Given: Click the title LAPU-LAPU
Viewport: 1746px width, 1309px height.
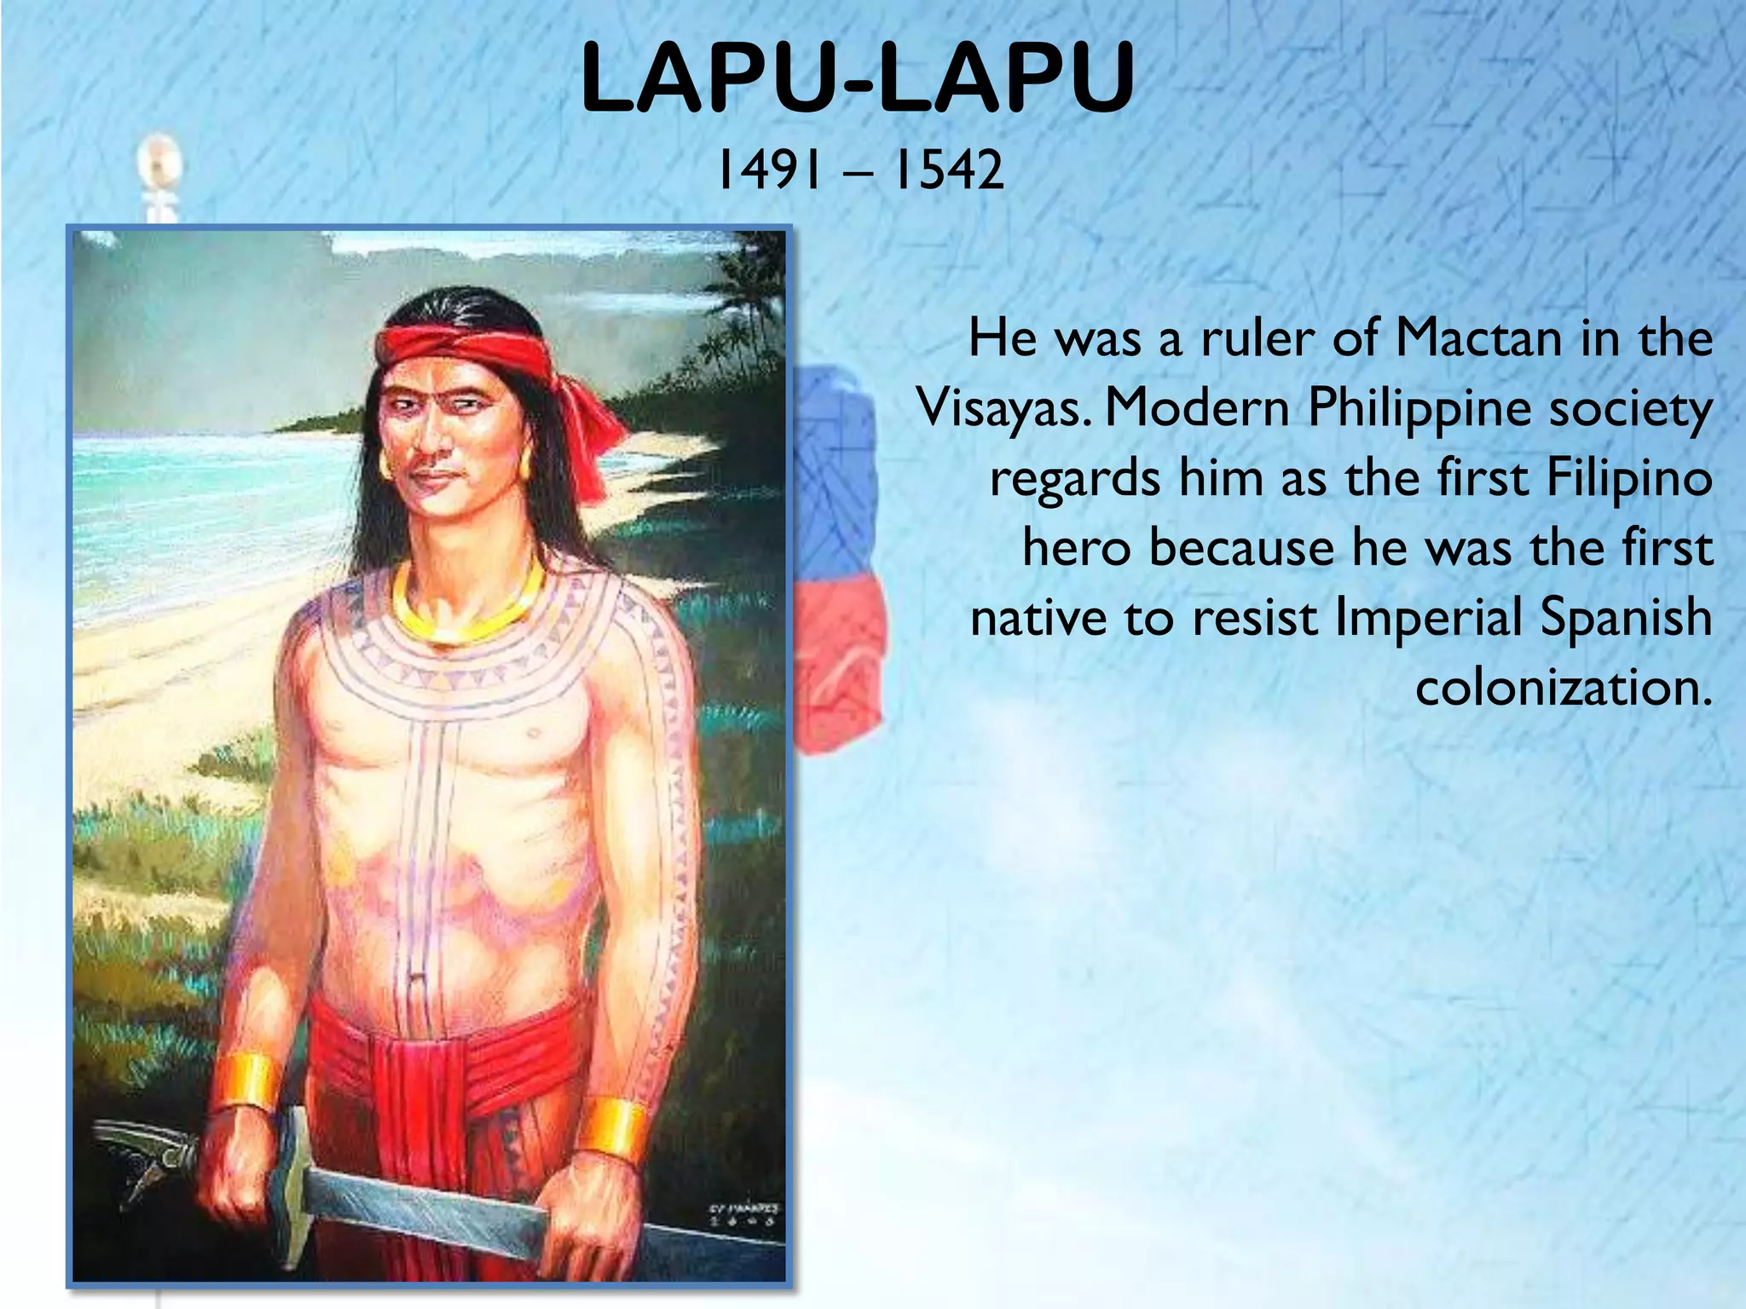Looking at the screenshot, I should (x=857, y=78).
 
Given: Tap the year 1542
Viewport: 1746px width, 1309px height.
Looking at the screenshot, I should (x=947, y=170).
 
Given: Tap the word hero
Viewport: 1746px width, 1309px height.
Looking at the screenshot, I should (x=1076, y=548).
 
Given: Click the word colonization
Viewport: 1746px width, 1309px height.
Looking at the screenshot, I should (x=1564, y=687).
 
